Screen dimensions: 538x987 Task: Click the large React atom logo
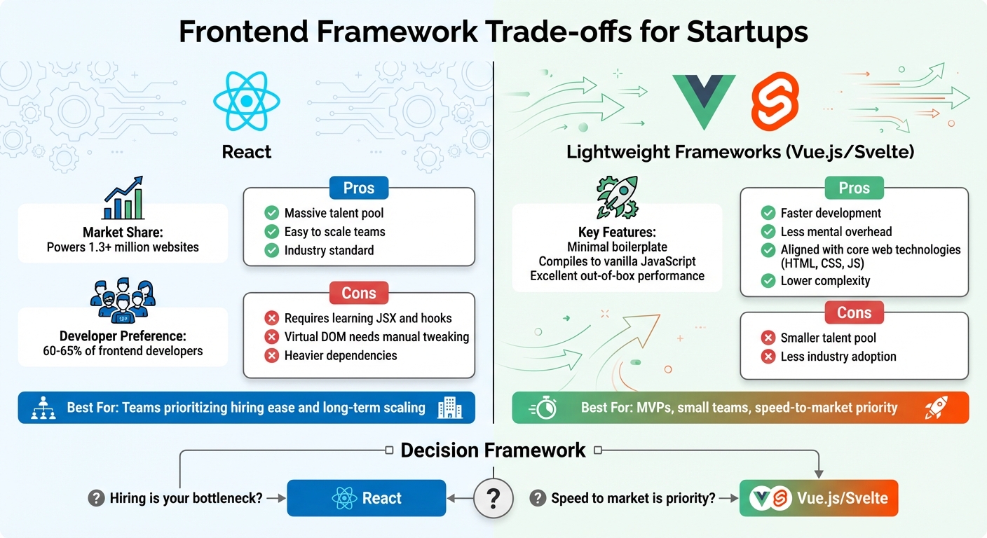246,102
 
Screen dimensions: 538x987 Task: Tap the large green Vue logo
703,101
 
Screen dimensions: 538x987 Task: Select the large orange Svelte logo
775,103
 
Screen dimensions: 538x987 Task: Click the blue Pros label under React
358,188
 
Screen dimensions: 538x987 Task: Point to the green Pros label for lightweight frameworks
854,188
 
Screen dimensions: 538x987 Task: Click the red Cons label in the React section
358,294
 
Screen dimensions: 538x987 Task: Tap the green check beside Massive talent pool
271,213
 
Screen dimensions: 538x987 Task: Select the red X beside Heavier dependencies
271,356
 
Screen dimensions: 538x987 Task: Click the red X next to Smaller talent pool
768,338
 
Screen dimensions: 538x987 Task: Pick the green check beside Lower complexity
768,281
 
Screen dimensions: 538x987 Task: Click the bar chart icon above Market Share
123,198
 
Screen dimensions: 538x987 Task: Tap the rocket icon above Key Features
616,198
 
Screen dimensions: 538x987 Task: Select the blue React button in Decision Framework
367,498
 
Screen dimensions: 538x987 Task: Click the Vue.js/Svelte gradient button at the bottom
819,498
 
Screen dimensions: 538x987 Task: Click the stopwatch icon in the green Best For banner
544,408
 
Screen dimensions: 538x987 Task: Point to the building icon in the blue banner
449,408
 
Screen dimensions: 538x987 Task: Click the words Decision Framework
493,450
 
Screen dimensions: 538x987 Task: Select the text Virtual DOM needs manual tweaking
376,337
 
